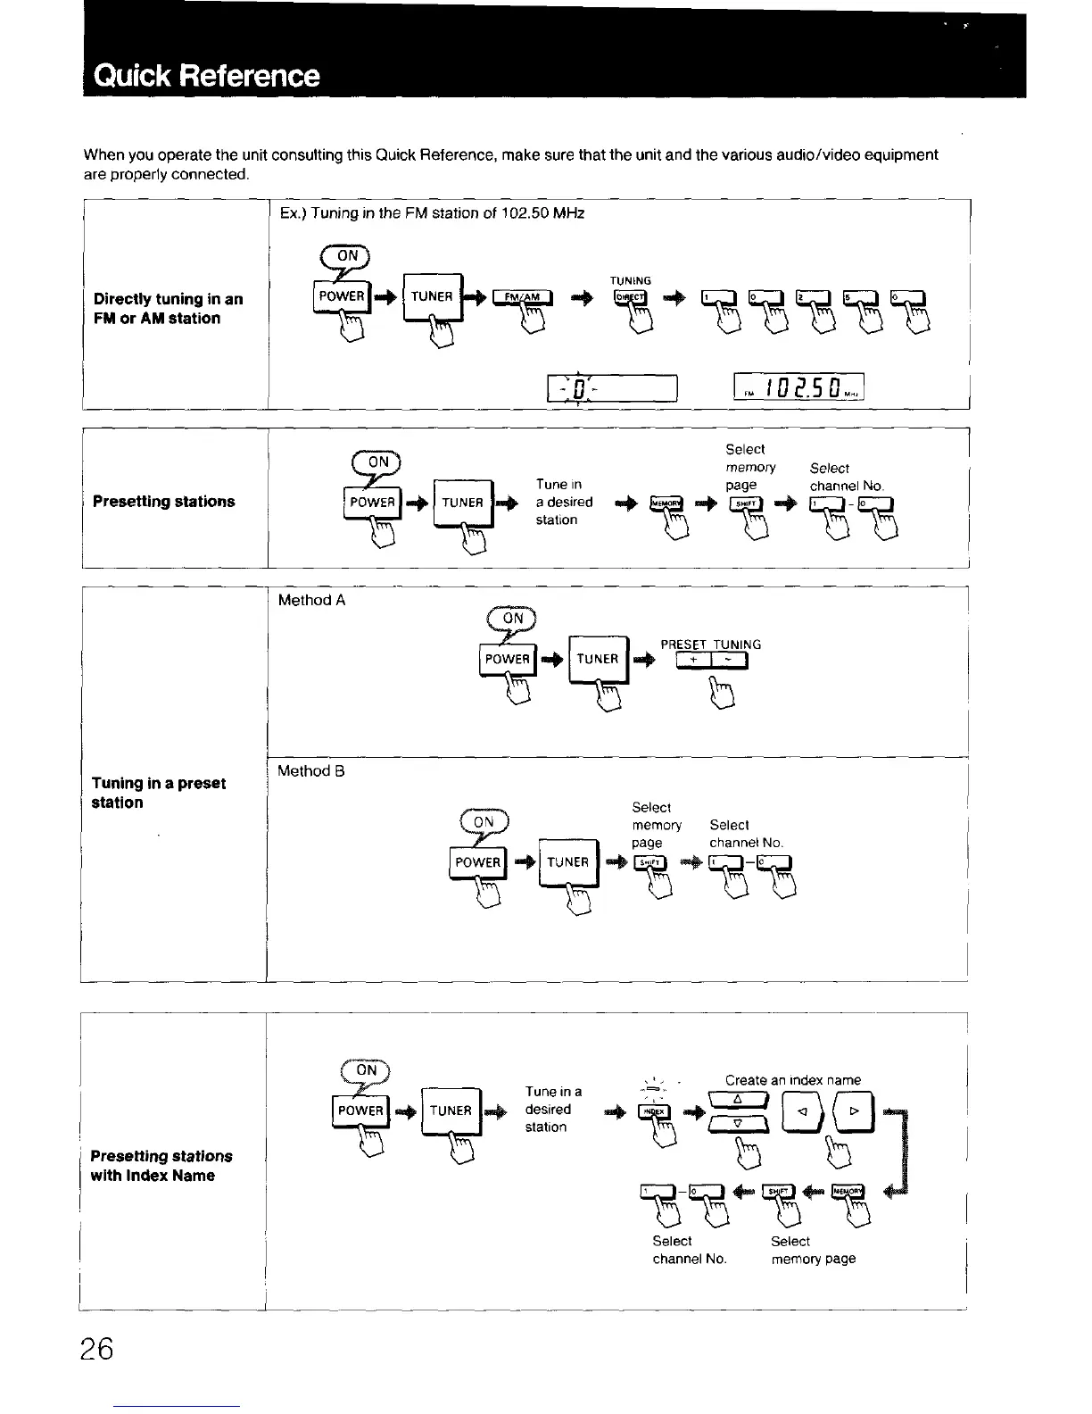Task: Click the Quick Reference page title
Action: pyautogui.click(x=207, y=75)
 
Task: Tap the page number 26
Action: pyautogui.click(x=94, y=1349)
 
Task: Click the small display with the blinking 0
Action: pyautogui.click(x=614, y=388)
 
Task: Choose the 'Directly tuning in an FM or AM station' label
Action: pyautogui.click(x=168, y=308)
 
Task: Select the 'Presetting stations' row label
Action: pyautogui.click(x=164, y=502)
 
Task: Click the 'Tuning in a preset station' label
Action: pyautogui.click(x=158, y=793)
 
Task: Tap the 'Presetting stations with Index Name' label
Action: pyautogui.click(x=161, y=1166)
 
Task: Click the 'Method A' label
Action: pyautogui.click(x=311, y=600)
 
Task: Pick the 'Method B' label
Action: pyautogui.click(x=310, y=770)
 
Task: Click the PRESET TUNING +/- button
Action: pyautogui.click(x=711, y=661)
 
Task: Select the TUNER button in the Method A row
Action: pyautogui.click(x=598, y=660)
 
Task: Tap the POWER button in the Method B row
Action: pyautogui.click(x=477, y=862)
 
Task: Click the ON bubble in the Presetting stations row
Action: pyautogui.click(x=378, y=462)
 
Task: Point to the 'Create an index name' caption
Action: pyautogui.click(x=793, y=1079)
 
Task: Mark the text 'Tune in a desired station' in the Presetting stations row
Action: pyautogui.click(x=564, y=502)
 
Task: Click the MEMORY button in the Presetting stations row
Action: pyautogui.click(x=666, y=503)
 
